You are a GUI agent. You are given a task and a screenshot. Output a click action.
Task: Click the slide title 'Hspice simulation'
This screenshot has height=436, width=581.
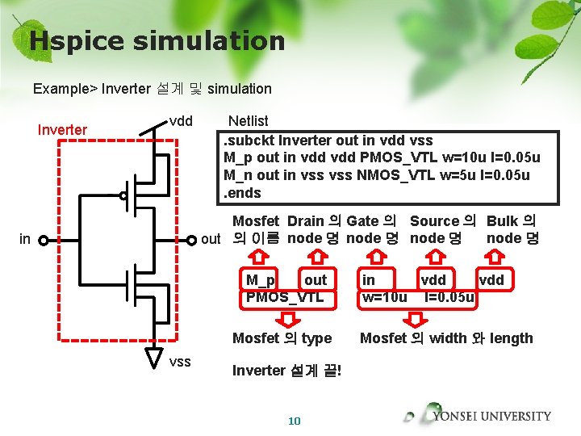(x=157, y=40)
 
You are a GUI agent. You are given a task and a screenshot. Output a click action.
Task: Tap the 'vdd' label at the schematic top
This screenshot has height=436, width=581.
(x=181, y=121)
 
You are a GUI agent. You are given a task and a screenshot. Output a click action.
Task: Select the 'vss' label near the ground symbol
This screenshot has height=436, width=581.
(x=180, y=361)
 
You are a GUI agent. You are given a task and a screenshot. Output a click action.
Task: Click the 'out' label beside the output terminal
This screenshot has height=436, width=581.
(x=211, y=239)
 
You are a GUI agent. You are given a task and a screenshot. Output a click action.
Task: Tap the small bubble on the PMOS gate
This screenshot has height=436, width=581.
(x=123, y=195)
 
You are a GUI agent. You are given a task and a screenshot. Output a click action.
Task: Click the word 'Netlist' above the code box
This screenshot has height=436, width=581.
(x=248, y=121)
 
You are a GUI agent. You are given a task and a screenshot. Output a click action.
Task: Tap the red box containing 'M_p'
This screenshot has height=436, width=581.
(x=261, y=280)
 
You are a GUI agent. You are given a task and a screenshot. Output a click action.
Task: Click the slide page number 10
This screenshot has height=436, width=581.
(x=294, y=421)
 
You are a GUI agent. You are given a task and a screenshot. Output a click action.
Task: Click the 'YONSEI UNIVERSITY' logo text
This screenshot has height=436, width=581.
(x=491, y=417)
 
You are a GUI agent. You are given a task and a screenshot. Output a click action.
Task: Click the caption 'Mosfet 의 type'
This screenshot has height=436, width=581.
(x=282, y=338)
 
